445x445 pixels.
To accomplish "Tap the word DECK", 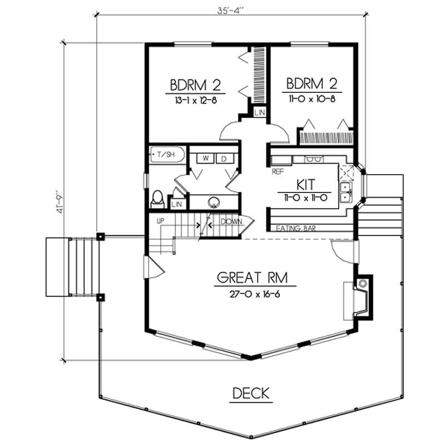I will coord(250,393).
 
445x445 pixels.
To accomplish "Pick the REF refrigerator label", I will coord(278,172).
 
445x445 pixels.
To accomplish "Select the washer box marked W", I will coord(205,159).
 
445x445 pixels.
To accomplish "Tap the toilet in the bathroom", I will coord(157,199).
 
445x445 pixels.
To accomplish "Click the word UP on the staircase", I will coord(162,221).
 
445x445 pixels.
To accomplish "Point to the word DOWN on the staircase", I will coord(231,221).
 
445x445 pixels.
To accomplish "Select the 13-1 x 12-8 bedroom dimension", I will coord(196,101).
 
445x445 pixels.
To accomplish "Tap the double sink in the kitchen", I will coord(346,191).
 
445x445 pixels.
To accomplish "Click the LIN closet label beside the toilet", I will coord(177,205).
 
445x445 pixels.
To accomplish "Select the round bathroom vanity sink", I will coord(214,202).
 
